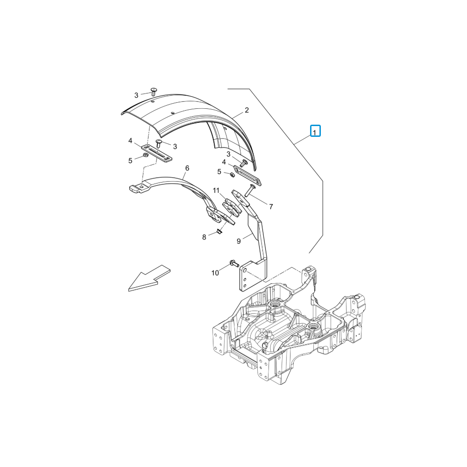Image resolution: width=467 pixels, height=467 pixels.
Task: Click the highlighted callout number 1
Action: (x=315, y=131)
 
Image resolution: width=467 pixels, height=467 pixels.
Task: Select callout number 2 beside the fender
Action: (x=247, y=110)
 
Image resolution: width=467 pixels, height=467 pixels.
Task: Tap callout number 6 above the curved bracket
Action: (x=187, y=168)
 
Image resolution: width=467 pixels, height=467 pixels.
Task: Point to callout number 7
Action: (x=271, y=206)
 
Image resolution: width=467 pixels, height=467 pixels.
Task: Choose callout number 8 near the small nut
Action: (x=204, y=237)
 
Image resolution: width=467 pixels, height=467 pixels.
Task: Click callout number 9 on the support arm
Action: (x=239, y=241)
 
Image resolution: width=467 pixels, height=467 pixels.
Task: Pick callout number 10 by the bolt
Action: (x=215, y=273)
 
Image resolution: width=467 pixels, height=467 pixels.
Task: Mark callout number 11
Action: (x=216, y=191)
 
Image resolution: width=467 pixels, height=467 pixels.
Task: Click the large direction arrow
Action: (x=149, y=278)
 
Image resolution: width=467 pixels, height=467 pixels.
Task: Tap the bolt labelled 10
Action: (x=234, y=263)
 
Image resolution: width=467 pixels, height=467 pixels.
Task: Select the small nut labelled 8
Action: (x=219, y=232)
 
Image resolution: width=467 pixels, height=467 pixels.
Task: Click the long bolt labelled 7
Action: (x=249, y=190)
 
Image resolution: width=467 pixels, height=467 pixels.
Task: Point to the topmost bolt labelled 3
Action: (x=154, y=91)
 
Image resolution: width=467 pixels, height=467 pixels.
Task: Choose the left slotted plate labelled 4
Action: (x=156, y=153)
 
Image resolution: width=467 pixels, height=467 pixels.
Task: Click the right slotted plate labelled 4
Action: (x=248, y=176)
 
